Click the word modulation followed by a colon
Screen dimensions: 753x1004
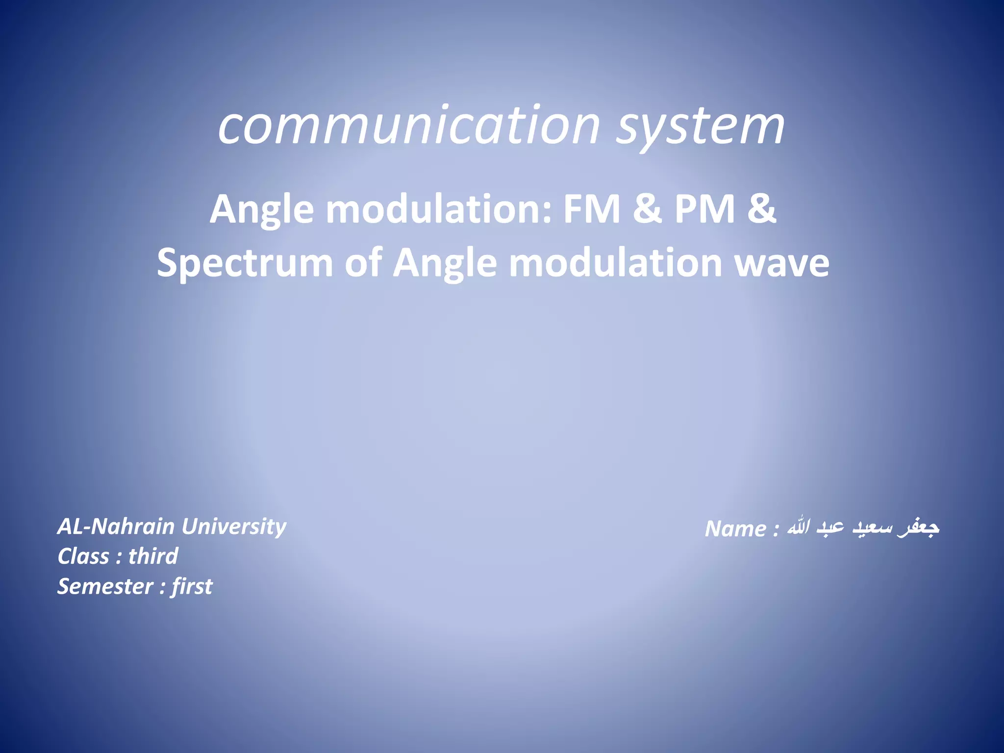pyautogui.click(x=439, y=209)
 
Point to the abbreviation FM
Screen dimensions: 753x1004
pyautogui.click(x=592, y=209)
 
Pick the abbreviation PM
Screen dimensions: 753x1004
pyautogui.click(x=704, y=209)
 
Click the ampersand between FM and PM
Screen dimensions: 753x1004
pyautogui.click(x=648, y=209)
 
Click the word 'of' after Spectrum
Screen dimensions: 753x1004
pyautogui.click(x=363, y=263)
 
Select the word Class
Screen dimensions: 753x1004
pyautogui.click(x=83, y=556)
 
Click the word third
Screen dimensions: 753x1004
pyautogui.click(x=153, y=556)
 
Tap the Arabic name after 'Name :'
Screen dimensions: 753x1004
pyautogui.click(x=863, y=527)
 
